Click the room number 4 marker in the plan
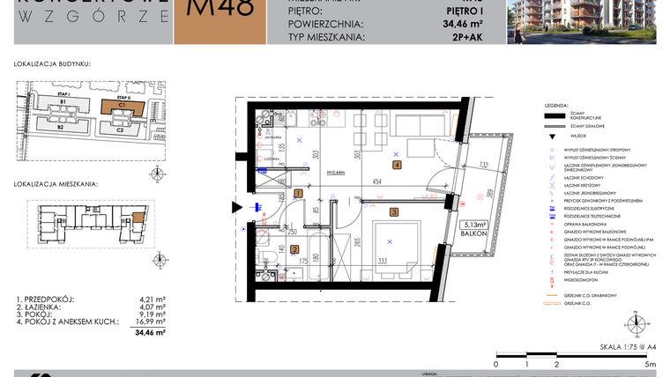pos(398,165)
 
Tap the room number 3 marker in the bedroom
pos(394,211)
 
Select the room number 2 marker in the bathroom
pos(294,249)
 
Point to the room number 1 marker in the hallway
pos(298,193)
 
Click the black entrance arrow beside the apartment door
pos(236,208)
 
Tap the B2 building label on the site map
pos(61,128)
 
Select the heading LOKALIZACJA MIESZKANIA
pos(56,185)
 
